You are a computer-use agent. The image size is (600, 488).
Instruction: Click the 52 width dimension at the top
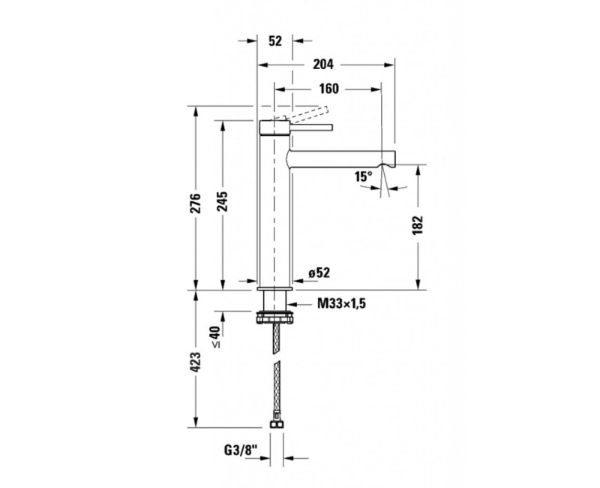click(x=274, y=41)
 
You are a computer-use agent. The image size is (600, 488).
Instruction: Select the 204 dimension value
click(x=325, y=65)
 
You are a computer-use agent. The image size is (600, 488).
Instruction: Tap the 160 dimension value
click(x=329, y=89)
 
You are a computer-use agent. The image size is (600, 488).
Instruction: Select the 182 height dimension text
click(x=418, y=225)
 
